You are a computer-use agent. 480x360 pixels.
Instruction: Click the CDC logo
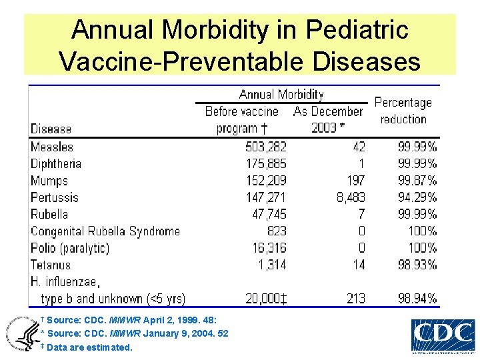pos(443,335)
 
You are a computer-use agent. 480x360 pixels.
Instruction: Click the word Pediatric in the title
pos(357,30)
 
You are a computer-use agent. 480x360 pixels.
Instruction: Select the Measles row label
pos(52,147)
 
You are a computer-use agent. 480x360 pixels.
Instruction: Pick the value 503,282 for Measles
pos(265,147)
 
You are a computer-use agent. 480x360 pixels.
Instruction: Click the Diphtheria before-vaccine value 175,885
pos(265,163)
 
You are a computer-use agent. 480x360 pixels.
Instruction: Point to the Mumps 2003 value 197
pos(356,181)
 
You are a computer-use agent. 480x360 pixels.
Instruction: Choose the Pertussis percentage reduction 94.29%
pos(417,197)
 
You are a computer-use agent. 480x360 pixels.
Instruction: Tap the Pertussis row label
pos(55,197)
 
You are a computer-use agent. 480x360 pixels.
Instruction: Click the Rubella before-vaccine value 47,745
pos(269,214)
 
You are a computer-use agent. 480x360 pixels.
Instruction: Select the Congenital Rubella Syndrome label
pos(105,231)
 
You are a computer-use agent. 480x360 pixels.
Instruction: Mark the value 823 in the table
pos(276,231)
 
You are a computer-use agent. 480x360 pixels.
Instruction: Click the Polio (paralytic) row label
pos(70,248)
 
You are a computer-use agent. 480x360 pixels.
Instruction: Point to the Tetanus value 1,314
pos(272,265)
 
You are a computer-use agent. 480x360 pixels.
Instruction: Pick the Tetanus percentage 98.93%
pos(417,265)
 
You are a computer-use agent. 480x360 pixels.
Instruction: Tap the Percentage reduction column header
pos(403,111)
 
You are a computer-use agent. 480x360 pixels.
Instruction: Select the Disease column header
pos(51,129)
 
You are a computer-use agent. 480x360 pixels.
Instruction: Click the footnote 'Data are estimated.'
pos(89,347)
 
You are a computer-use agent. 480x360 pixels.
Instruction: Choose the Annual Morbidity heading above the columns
pos(281,95)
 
